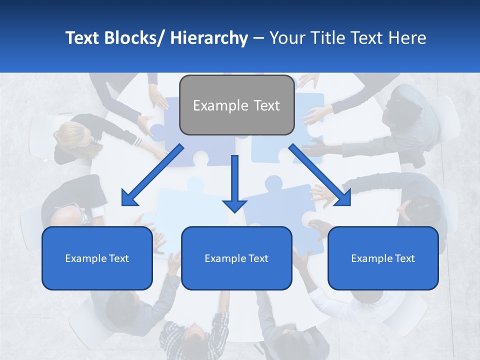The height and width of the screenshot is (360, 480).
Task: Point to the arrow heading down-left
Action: [x=152, y=174]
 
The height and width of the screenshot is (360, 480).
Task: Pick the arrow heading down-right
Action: [x=320, y=174]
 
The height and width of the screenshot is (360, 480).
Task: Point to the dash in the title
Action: [x=258, y=38]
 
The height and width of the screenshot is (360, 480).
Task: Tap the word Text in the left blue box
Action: [x=119, y=258]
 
